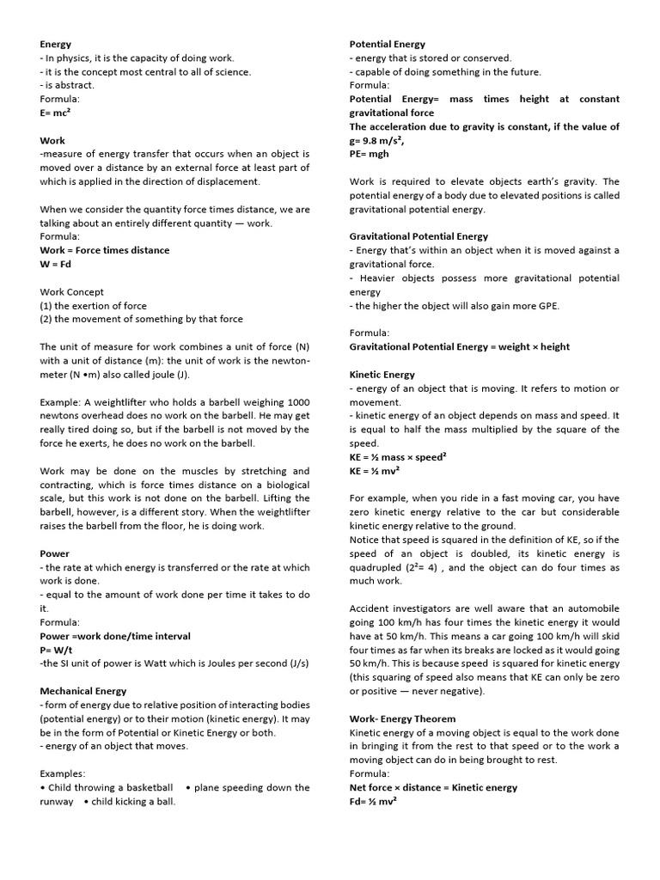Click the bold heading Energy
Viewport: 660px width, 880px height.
(x=56, y=44)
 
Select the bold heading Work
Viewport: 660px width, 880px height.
(x=52, y=140)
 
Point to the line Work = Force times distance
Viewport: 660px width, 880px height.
(x=105, y=250)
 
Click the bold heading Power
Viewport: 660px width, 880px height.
(x=55, y=553)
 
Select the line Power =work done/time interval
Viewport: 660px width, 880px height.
(x=115, y=636)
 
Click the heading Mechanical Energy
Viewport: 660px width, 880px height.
(x=83, y=691)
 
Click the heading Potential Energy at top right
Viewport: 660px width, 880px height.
(x=387, y=44)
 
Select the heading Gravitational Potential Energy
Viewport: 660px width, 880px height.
(x=419, y=236)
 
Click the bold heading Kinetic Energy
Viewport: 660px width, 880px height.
(x=382, y=375)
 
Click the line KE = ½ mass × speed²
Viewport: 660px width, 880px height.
(x=397, y=457)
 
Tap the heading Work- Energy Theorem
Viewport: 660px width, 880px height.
(x=402, y=718)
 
